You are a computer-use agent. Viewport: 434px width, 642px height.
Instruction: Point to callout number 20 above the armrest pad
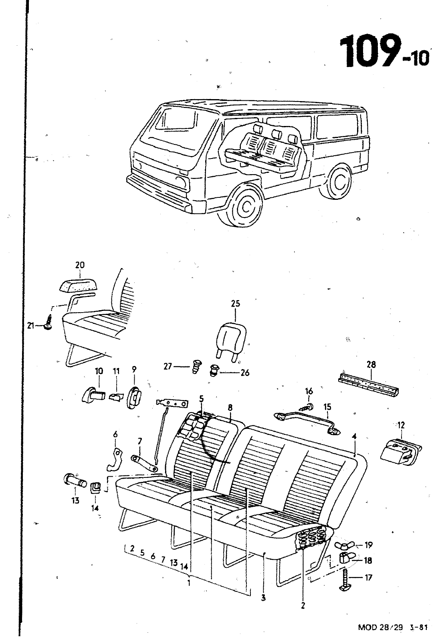80,265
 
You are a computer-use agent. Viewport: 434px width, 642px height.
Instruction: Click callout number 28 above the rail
371,365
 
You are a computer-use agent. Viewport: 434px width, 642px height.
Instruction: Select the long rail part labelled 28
369,384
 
